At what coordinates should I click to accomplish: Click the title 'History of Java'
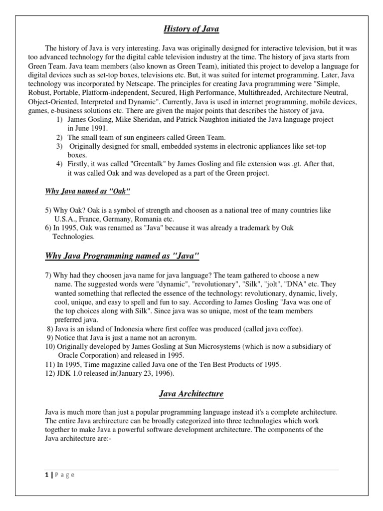(191, 29)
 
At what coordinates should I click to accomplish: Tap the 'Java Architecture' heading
(191, 394)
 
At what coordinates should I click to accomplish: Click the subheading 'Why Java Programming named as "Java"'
(122, 256)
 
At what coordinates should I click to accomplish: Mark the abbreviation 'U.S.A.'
(66, 219)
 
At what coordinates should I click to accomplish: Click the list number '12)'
(49, 373)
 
